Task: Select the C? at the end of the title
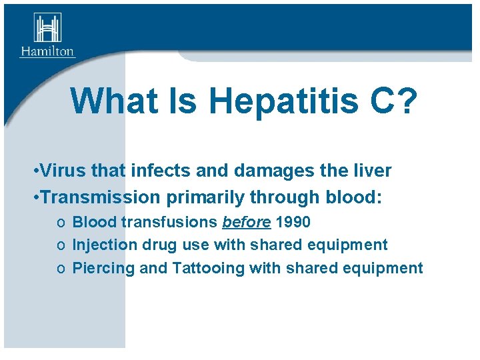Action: pyautogui.click(x=394, y=101)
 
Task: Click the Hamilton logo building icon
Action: pyautogui.click(x=47, y=29)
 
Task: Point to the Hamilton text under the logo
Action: pyautogui.click(x=47, y=51)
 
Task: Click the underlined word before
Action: pyautogui.click(x=247, y=222)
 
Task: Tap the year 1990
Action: pyautogui.click(x=293, y=222)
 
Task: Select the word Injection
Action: pyautogui.click(x=99, y=245)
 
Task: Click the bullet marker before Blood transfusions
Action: pyautogui.click(x=61, y=223)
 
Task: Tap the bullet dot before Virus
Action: pyautogui.click(x=34, y=171)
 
